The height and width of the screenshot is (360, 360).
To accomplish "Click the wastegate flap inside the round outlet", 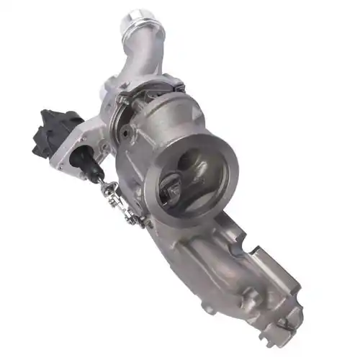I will (174, 189).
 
